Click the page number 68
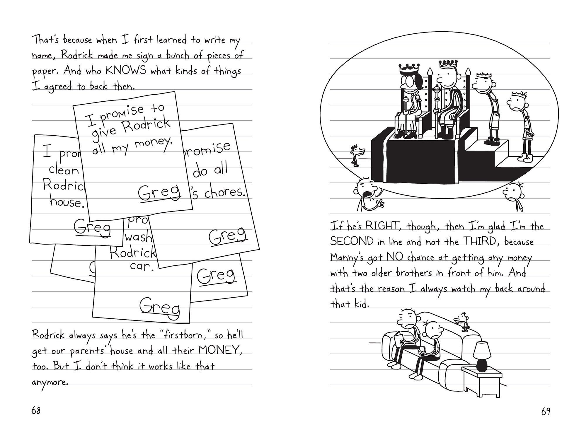[36, 411]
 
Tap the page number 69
[546, 412]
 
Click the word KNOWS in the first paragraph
[125, 71]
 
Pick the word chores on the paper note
[224, 192]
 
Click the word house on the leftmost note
[67, 202]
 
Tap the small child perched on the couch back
[463, 320]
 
